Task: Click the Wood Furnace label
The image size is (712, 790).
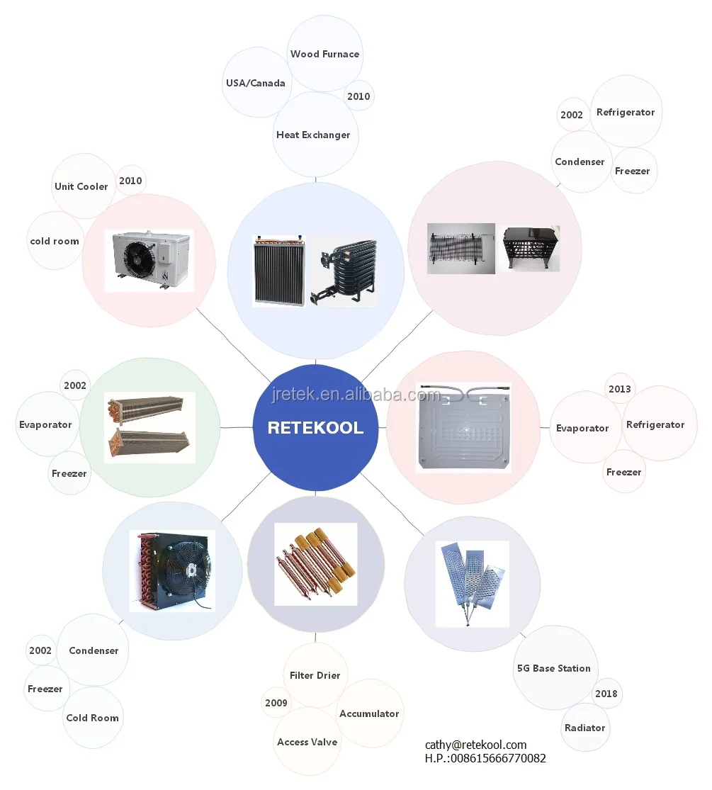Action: tap(324, 54)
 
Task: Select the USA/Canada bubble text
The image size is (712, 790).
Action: tap(255, 83)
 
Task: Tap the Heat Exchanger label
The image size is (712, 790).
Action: tap(313, 135)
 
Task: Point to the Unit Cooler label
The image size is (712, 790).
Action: tap(81, 186)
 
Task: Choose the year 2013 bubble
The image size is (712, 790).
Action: tap(619, 389)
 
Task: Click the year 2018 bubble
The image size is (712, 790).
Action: tap(606, 694)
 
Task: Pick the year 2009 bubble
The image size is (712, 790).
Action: tap(276, 703)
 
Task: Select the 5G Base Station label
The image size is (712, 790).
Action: tap(553, 668)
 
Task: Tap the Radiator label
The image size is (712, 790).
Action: tap(584, 728)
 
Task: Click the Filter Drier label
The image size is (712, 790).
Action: tap(315, 675)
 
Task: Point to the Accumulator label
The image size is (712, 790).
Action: tap(369, 713)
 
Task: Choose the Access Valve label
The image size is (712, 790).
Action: tap(307, 742)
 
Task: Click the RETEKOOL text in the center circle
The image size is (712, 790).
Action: tap(315, 428)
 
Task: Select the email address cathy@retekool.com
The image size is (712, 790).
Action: tap(475, 745)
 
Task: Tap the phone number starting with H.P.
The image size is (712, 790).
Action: tap(485, 758)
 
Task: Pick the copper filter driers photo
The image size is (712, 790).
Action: tap(315, 563)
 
